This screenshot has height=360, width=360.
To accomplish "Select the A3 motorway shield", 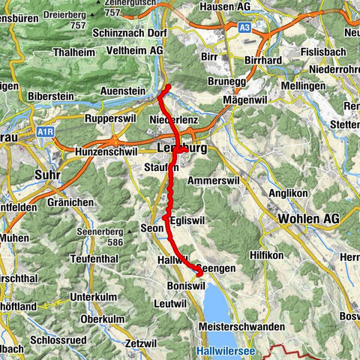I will (245, 27).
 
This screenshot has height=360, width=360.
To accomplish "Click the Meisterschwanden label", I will (241, 327).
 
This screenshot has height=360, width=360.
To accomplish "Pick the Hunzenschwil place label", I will (106, 151).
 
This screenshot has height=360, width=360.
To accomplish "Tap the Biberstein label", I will (52, 96).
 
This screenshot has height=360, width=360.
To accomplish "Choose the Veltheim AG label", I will (136, 49).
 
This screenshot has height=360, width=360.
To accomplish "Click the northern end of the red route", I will (168, 88).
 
